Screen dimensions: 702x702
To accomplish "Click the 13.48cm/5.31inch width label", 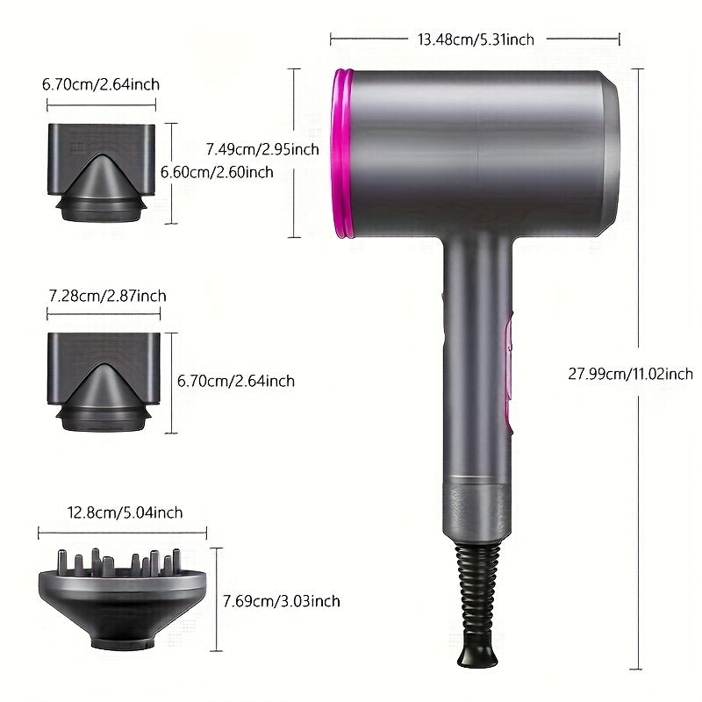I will [476, 39].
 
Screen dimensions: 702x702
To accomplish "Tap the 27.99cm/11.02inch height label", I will [630, 374].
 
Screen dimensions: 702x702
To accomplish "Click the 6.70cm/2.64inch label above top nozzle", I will [100, 85].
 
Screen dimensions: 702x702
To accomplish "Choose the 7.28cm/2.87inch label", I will [106, 297].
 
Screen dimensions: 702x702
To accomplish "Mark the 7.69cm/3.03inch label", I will [281, 601].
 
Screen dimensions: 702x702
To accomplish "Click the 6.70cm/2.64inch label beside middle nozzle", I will [236, 381].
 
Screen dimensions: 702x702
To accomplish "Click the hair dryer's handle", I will [474, 351].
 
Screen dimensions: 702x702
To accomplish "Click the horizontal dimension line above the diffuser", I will [123, 532].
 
